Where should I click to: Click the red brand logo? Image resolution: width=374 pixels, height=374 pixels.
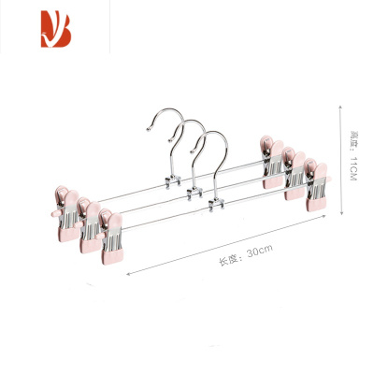[x=56, y=29]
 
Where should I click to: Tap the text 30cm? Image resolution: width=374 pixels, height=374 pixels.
[x=260, y=251]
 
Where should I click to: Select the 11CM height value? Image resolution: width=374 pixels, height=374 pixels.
[x=353, y=168]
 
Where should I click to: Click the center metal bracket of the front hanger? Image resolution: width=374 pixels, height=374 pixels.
[x=216, y=205]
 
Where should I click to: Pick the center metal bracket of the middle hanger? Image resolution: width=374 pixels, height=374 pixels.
[x=194, y=194]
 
